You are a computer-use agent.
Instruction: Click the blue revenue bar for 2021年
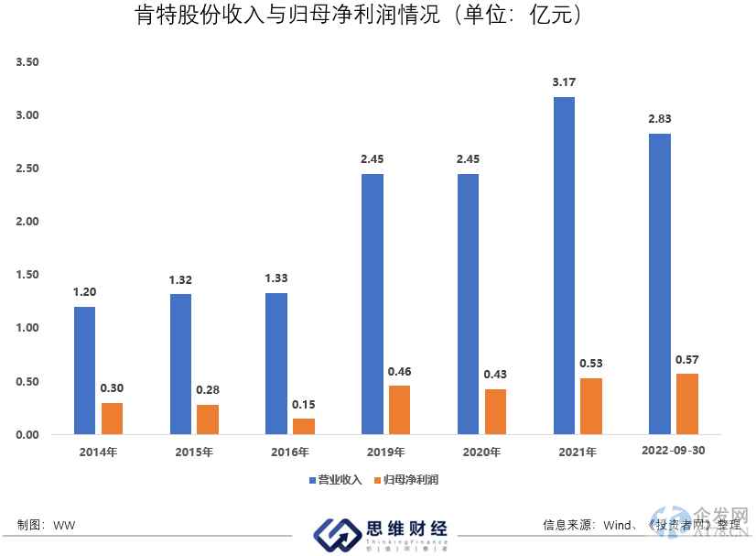coord(564,266)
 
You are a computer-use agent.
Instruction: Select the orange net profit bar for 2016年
coord(303,426)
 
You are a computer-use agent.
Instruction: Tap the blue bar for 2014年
coord(84,370)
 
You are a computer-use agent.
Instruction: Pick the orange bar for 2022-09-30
coord(686,404)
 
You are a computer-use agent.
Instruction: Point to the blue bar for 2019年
coord(373,303)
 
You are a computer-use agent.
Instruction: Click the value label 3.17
coord(564,82)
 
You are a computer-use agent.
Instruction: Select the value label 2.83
coord(660,119)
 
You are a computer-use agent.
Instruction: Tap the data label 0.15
coord(303,404)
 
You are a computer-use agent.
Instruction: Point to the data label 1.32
coord(180,278)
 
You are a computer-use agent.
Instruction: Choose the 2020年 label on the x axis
coord(481,452)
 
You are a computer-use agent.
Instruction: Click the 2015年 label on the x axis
coord(194,452)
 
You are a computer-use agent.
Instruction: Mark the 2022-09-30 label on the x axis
coord(673,451)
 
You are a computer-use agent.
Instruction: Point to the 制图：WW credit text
coord(46,525)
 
